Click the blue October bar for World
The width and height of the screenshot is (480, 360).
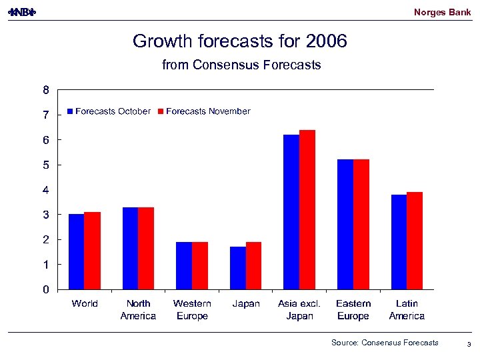[x=77, y=251]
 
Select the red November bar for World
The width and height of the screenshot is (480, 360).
[x=92, y=251]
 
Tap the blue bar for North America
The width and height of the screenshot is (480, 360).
[x=130, y=248]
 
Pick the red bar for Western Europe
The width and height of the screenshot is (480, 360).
[x=200, y=265]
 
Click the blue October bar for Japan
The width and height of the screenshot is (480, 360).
[x=238, y=268]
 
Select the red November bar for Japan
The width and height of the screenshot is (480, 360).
[x=253, y=265]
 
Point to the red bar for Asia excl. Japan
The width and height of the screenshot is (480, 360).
[x=307, y=209]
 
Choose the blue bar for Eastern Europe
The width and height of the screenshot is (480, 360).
[x=345, y=224]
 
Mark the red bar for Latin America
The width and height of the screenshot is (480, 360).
[x=415, y=241]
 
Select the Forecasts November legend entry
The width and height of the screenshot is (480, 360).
[x=203, y=111]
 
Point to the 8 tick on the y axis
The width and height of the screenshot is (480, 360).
[x=46, y=90]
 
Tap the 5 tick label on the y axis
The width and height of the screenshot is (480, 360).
[x=46, y=165]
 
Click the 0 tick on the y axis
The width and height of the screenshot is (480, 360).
[x=46, y=289]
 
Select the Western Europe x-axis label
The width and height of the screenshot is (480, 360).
[x=192, y=309]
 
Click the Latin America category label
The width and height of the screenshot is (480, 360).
[x=407, y=309]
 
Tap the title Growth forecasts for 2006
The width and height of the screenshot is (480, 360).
[x=240, y=41]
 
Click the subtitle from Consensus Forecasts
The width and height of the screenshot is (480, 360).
[x=241, y=65]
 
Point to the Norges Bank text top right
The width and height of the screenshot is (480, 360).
[x=442, y=12]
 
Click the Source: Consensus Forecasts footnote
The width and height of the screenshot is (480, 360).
[x=385, y=343]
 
